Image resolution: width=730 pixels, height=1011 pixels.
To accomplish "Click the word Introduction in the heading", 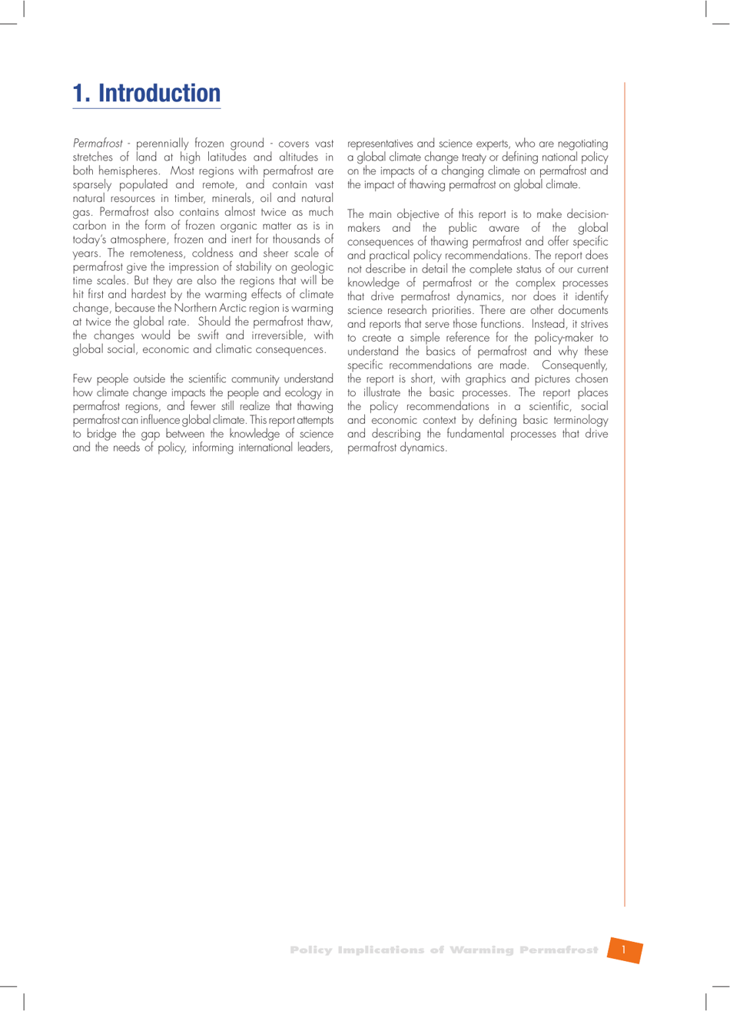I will tap(159, 93).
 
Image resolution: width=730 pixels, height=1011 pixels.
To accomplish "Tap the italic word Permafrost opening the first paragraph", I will tap(98, 144).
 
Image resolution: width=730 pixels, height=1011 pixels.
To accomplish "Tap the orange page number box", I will tap(625, 950).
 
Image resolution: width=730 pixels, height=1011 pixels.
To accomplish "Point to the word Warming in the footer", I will tap(481, 950).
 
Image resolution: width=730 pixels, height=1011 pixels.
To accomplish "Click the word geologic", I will tap(311, 267).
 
